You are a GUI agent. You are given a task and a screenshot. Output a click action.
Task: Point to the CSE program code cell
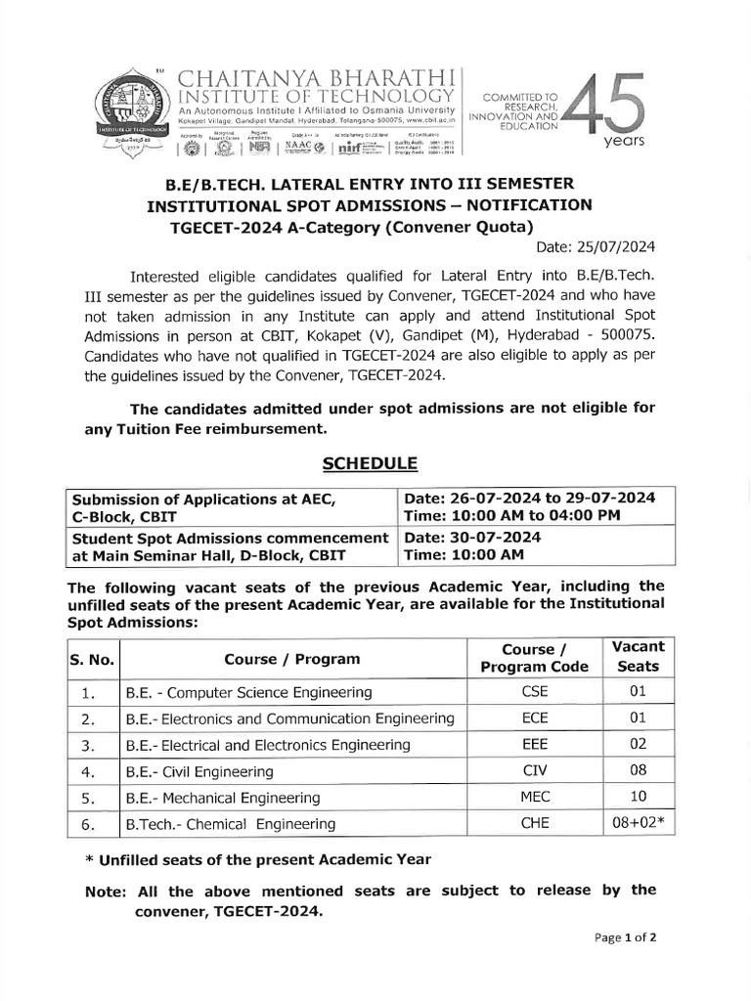pos(535,692)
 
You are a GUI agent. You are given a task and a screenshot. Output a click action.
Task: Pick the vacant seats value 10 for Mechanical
pos(638,798)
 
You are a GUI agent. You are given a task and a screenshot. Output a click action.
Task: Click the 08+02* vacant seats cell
pos(638,824)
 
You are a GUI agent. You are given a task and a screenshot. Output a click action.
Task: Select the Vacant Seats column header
pos(638,656)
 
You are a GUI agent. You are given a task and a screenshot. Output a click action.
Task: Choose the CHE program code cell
pos(535,824)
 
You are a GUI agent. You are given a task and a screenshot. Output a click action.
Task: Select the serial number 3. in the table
pos(87,745)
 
